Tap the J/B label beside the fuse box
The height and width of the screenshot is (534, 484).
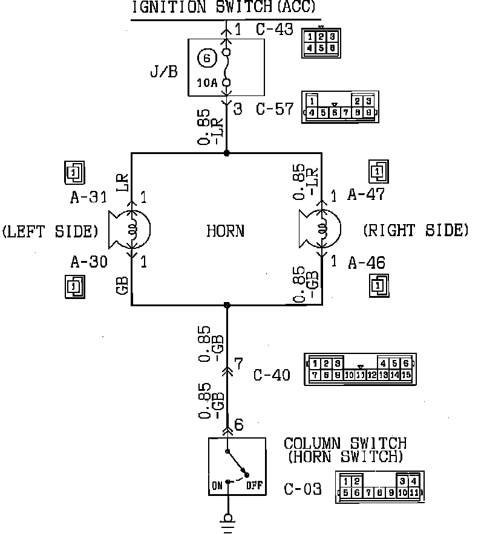164,72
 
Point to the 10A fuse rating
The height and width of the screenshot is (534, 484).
206,83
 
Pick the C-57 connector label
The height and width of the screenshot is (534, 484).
275,109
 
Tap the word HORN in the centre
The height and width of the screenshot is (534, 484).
226,231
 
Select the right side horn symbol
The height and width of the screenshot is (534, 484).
320,230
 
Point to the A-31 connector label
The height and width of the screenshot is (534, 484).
88,197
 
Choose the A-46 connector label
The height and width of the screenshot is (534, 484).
367,263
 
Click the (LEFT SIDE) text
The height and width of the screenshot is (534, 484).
50,231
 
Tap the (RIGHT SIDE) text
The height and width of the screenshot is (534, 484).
416,230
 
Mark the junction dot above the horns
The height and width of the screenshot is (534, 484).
227,153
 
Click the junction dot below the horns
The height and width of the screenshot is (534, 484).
227,305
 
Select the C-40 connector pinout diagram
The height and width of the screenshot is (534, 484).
361,369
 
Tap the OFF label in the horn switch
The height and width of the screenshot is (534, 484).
253,484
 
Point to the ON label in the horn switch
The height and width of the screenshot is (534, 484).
217,484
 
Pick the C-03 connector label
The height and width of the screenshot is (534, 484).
302,488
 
